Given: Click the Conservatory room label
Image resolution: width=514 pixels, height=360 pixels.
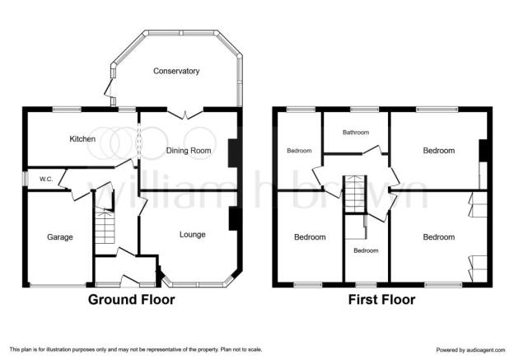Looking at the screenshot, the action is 176,71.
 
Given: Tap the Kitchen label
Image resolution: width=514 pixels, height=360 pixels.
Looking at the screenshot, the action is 82,139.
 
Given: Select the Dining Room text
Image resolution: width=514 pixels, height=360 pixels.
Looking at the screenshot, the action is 189,151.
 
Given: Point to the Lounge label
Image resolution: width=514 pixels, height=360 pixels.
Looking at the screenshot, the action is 193,235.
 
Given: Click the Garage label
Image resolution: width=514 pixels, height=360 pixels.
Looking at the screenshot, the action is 60,237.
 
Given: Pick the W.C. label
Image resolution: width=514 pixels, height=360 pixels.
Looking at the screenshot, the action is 46,180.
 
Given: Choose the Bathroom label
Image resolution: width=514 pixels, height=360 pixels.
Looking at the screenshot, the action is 356,133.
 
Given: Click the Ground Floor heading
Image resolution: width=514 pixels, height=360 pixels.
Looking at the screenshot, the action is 132,300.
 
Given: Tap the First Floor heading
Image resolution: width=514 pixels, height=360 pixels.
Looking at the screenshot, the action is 381,300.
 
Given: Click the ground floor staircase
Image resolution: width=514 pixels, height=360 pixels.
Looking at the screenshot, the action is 105,227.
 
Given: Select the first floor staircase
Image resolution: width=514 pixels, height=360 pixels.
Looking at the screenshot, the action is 354,194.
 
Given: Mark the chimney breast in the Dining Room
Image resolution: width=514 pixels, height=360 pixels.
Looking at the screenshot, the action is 233,153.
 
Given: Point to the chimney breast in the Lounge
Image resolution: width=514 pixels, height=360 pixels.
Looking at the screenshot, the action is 233,218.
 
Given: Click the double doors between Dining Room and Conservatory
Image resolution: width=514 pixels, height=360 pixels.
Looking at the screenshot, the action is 185,115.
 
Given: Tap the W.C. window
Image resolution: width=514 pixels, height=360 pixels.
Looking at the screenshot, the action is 25,179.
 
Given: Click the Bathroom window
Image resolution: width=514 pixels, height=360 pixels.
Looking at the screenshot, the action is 365,110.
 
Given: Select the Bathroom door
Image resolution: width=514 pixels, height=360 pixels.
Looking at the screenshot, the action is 372,150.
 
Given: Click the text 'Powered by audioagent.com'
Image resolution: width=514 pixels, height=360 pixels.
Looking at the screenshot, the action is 470,350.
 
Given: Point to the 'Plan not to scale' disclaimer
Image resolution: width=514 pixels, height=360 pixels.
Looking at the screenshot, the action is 241,349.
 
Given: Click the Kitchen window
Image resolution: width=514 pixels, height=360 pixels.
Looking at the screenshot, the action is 67,110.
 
